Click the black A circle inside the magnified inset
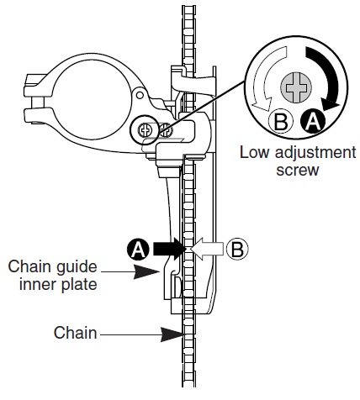click(x=313, y=122)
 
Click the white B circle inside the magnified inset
click(x=280, y=122)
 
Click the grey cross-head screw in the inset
click(x=296, y=88)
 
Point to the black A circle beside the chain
click(x=138, y=249)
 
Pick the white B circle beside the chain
click(x=237, y=249)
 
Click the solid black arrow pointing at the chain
click(x=170, y=249)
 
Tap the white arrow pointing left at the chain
click(x=207, y=249)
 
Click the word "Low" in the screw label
click(x=254, y=153)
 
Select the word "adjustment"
click(x=315, y=154)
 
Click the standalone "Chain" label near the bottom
click(x=75, y=333)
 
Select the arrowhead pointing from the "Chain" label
click(x=172, y=334)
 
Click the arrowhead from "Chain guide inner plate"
click(x=145, y=271)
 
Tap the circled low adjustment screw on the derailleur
click(x=146, y=130)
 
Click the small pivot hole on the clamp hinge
click(x=140, y=95)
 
